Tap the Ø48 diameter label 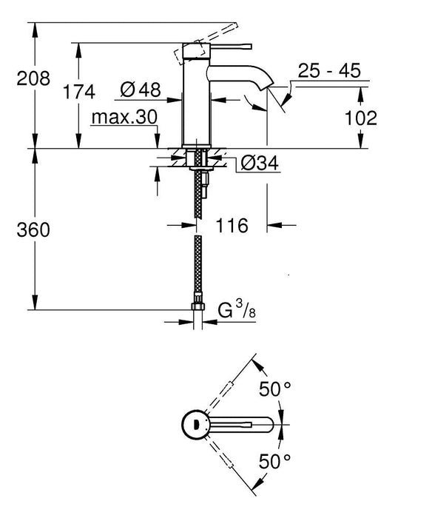(x=140, y=90)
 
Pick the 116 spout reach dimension (x=231, y=226)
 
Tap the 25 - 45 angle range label (x=329, y=71)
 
